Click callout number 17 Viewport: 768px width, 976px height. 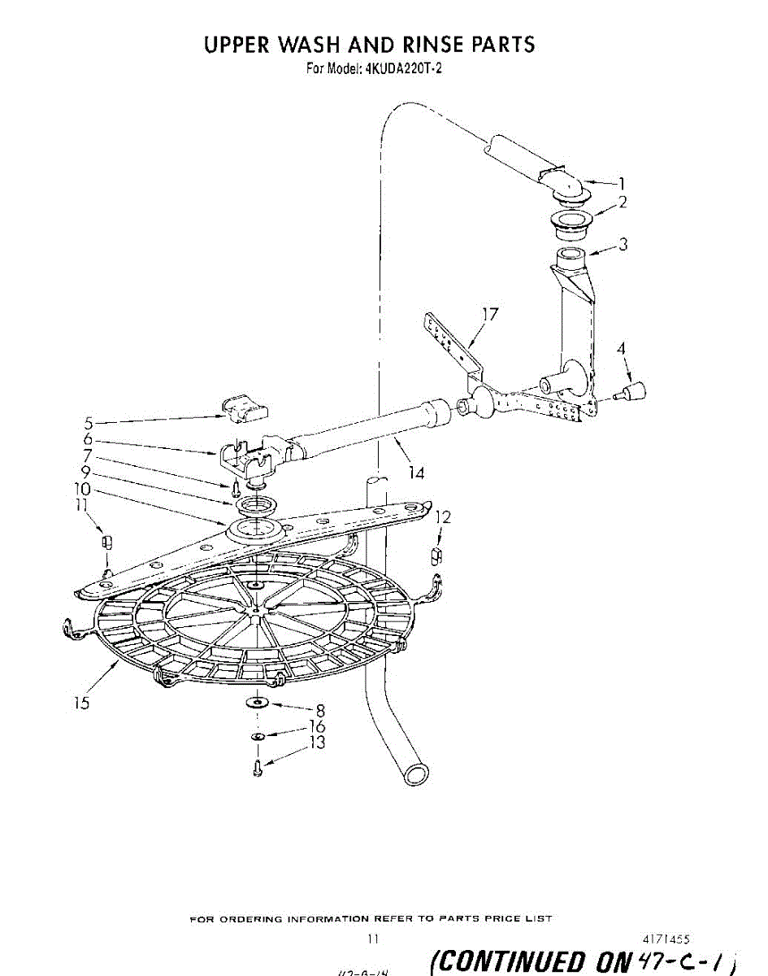(490, 314)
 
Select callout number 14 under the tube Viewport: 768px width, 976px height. (415, 473)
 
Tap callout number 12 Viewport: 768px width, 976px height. (444, 516)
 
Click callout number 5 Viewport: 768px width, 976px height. (89, 422)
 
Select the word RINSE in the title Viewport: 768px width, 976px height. (406, 44)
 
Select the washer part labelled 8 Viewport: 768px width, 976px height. (258, 702)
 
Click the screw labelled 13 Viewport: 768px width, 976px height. (258, 767)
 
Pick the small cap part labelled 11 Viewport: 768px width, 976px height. (104, 542)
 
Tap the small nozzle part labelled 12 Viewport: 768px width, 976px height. (436, 556)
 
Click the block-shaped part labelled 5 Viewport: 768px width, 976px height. (243, 406)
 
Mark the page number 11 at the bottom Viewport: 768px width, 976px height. (372, 939)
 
